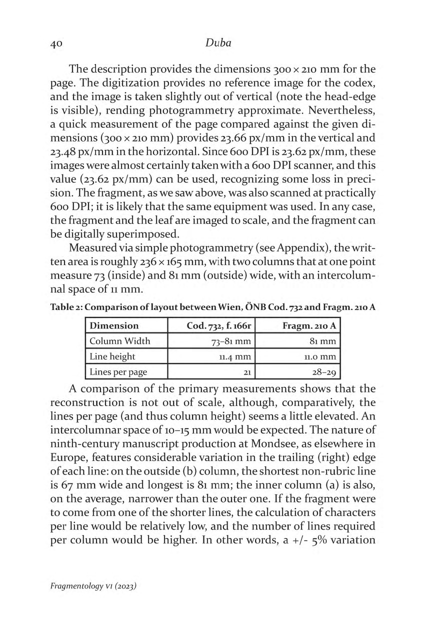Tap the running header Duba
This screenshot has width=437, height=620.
(218, 43)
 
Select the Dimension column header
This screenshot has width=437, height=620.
(114, 325)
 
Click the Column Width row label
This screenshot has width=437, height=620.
(119, 341)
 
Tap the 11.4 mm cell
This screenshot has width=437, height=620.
(235, 356)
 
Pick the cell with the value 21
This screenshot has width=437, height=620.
(245, 372)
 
